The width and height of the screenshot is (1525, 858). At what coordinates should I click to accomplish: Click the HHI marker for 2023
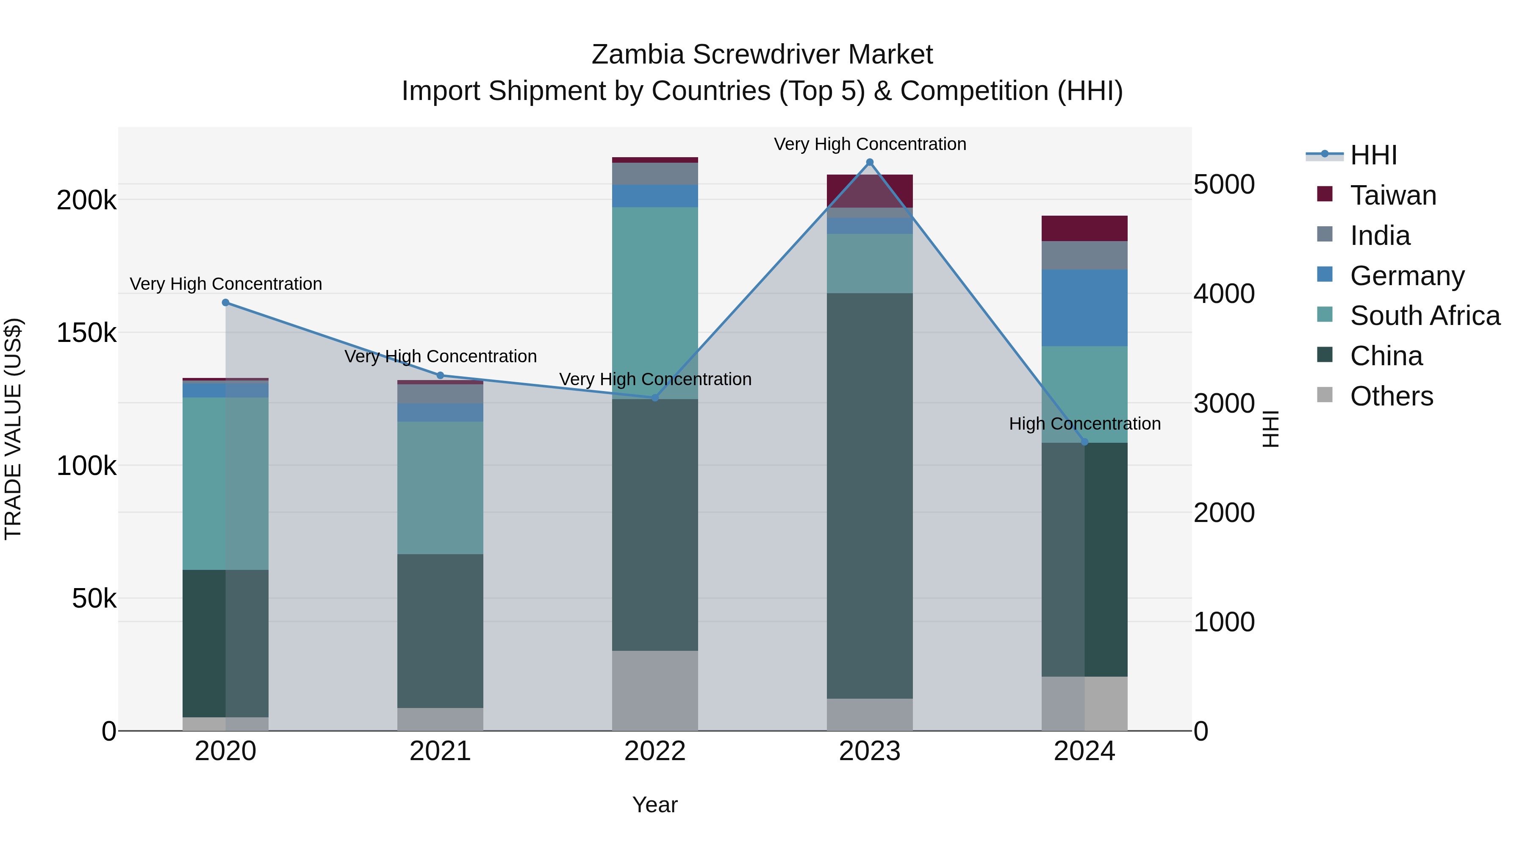coord(870,162)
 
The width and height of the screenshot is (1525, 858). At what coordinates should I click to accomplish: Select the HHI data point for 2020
coord(225,303)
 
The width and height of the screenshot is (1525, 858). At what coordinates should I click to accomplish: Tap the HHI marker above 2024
coord(1084,442)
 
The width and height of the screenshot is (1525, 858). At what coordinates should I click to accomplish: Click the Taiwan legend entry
coord(1392,195)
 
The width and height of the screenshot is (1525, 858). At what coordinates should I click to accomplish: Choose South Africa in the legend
coord(1424,316)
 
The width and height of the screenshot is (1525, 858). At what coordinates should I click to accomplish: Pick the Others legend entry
coord(1391,396)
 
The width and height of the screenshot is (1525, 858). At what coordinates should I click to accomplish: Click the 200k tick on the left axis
coord(86,200)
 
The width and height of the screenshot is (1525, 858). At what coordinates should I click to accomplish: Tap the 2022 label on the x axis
coord(655,751)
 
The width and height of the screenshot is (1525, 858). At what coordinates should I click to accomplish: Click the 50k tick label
coord(94,599)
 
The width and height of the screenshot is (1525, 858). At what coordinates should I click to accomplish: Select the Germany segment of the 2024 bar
coord(1084,308)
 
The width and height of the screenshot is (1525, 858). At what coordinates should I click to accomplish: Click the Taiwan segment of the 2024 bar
coord(1084,228)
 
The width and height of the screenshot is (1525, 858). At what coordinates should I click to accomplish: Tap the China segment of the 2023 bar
coord(870,496)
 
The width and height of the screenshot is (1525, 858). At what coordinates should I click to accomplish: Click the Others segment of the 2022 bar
coord(655,691)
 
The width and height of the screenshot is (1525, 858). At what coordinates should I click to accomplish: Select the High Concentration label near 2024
coord(1084,424)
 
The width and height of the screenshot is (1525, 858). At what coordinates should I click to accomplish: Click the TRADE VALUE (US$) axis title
coord(13,429)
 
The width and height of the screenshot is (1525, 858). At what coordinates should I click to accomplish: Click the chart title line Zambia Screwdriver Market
coord(762,55)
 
